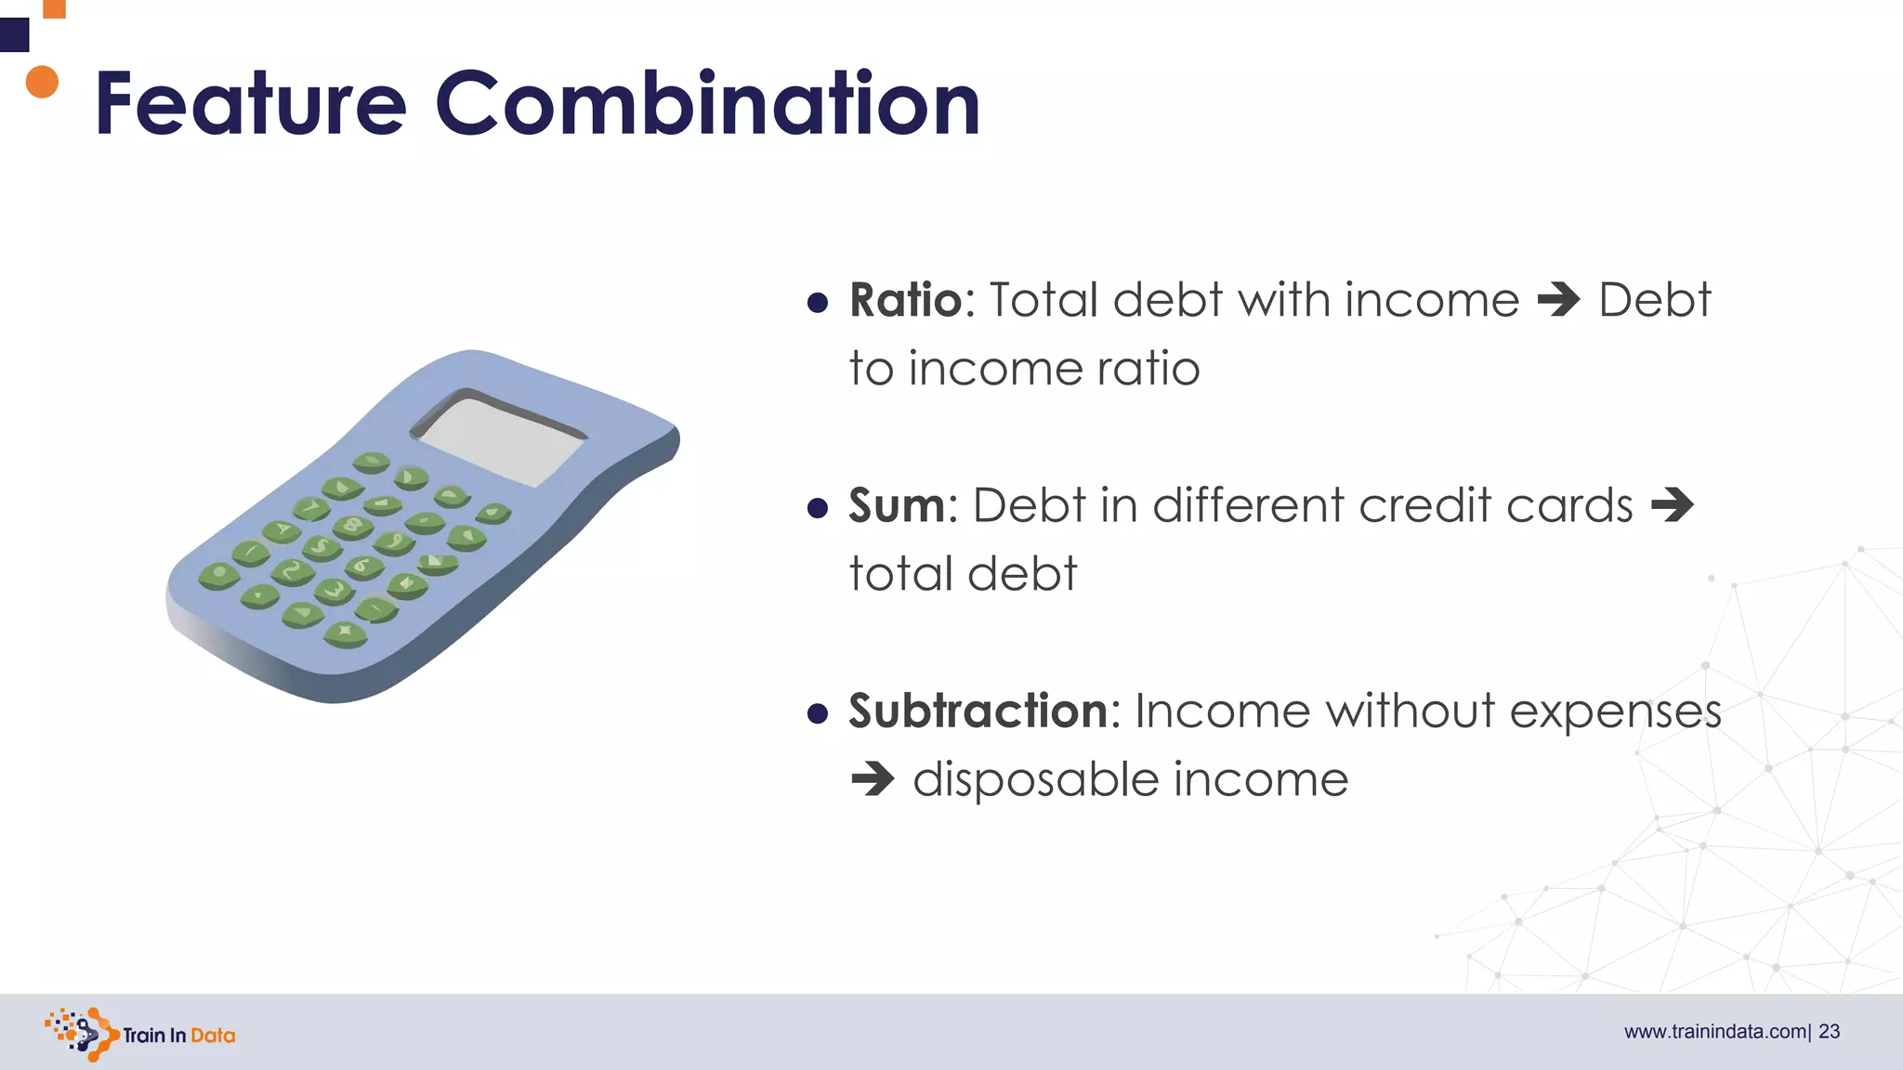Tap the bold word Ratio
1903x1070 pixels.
[x=905, y=300]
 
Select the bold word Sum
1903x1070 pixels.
[x=896, y=505]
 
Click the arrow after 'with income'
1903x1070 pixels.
[x=1558, y=300]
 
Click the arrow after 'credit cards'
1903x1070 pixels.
[x=1672, y=505]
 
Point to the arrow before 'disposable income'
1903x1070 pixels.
[x=873, y=779]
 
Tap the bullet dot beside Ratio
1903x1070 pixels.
[x=818, y=303]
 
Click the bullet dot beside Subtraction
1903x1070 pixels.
[x=818, y=713]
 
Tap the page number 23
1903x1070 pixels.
[x=1829, y=1032]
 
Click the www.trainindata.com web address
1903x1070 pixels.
[x=1714, y=1032]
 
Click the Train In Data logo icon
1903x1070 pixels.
[x=82, y=1034]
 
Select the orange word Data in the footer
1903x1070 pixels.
[x=213, y=1036]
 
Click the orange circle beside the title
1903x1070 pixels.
[x=42, y=82]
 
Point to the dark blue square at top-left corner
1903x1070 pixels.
[x=14, y=35]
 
